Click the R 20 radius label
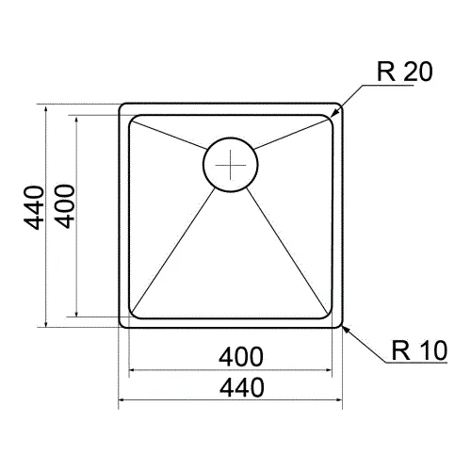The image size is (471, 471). (404, 72)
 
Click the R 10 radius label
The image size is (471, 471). (419, 350)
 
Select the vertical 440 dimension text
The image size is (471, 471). (34, 208)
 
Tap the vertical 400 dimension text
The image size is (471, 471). (65, 206)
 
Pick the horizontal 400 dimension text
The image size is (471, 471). (241, 357)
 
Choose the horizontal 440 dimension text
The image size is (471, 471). (242, 387)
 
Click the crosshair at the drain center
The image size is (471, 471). (231, 165)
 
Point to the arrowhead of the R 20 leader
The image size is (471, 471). (334, 114)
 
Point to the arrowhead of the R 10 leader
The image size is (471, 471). (346, 330)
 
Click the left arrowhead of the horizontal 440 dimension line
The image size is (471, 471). (122, 400)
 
